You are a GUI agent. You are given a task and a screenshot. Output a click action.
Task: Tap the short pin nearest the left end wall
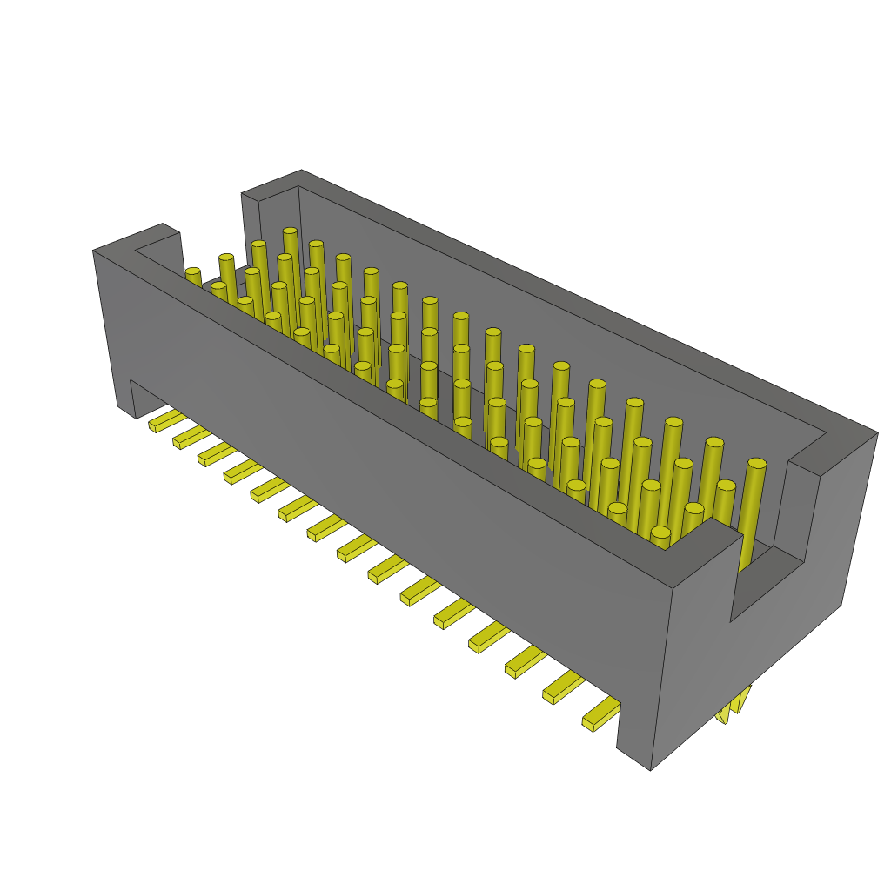tap(193, 276)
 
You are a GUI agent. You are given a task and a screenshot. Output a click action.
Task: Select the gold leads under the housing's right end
tap(733, 707)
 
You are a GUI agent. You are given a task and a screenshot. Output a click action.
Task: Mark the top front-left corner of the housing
tap(94, 251)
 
